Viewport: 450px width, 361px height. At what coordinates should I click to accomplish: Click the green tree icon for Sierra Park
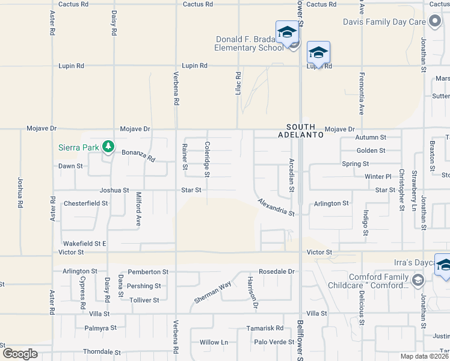(108, 146)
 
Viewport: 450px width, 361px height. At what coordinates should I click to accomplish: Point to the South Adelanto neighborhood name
(304, 131)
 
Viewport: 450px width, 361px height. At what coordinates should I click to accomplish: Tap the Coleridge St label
(207, 159)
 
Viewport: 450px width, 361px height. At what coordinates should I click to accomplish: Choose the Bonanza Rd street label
(138, 156)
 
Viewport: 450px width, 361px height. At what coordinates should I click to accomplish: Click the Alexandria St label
(276, 208)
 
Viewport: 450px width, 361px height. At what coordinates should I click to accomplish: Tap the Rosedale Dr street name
(277, 271)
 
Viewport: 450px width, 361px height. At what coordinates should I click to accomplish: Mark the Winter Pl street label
(377, 176)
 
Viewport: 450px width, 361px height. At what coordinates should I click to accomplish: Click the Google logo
(20, 354)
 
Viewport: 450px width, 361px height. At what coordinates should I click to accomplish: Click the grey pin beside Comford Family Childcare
(419, 280)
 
